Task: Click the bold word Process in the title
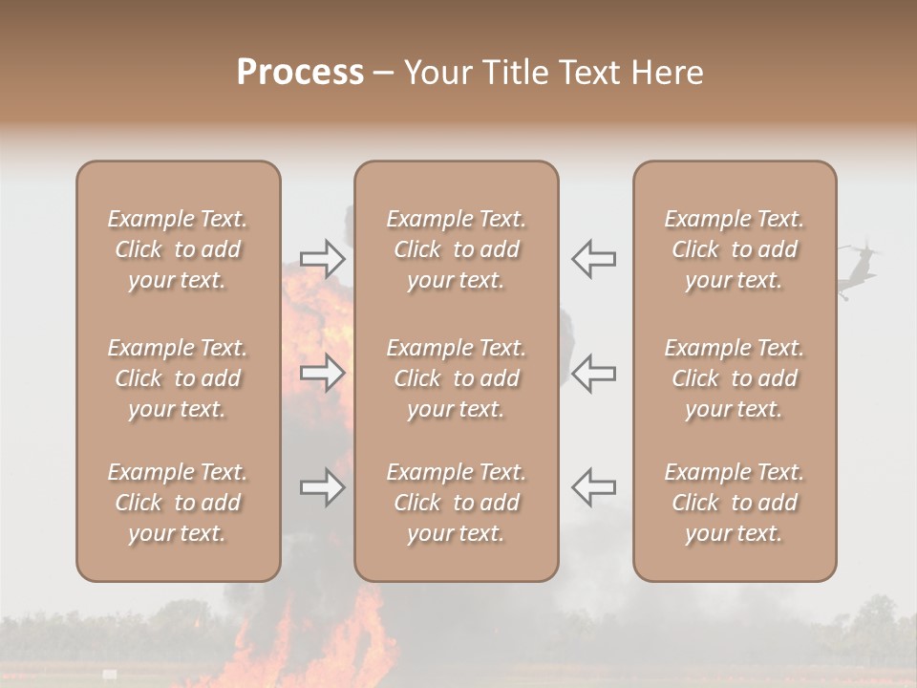[300, 73]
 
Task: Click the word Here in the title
[667, 73]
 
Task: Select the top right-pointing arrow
[323, 259]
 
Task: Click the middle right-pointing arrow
[323, 373]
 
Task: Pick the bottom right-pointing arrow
[323, 487]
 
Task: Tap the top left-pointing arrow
[594, 259]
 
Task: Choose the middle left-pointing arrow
[594, 373]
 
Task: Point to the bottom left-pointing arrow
[594, 487]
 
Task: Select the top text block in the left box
[178, 249]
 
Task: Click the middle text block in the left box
[178, 378]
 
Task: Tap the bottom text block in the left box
[178, 503]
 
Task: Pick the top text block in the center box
[456, 249]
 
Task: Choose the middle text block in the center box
[456, 378]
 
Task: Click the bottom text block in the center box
[456, 503]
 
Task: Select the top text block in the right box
[734, 249]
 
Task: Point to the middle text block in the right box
[734, 378]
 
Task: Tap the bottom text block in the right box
[734, 503]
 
